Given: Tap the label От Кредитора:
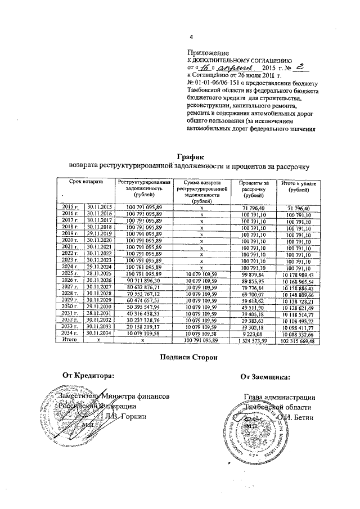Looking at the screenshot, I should tap(88, 390).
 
